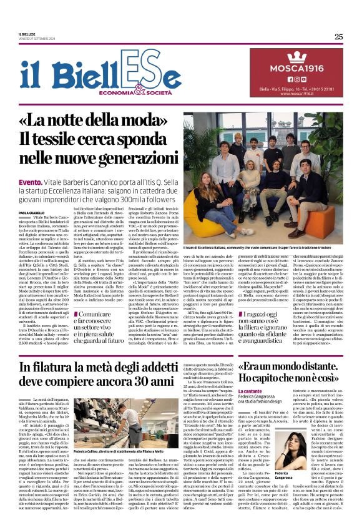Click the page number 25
[338, 36]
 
